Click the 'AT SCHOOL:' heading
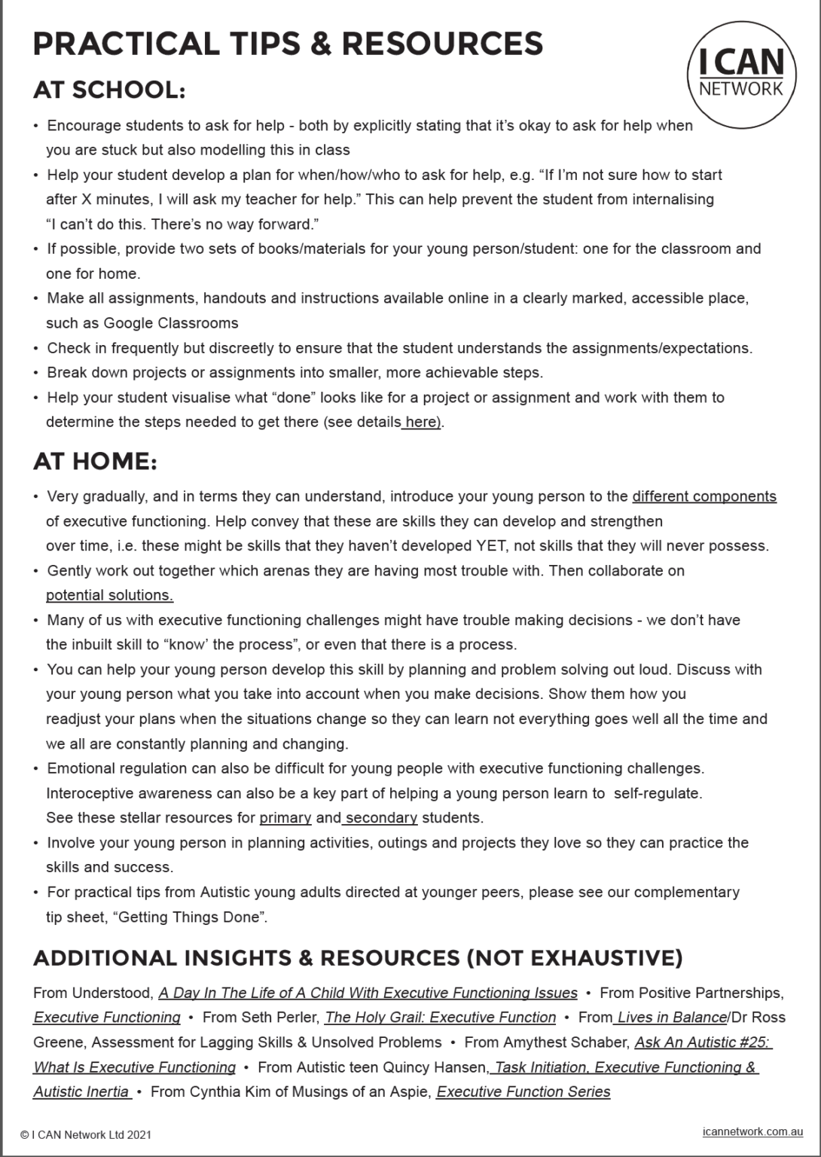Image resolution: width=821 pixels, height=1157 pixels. (x=109, y=90)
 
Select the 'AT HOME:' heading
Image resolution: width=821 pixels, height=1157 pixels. (x=95, y=461)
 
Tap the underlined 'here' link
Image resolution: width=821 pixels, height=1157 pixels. (x=422, y=423)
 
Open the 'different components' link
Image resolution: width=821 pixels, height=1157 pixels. (x=704, y=496)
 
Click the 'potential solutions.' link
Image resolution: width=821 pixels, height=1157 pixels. (x=109, y=595)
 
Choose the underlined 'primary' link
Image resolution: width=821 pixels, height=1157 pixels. (x=285, y=818)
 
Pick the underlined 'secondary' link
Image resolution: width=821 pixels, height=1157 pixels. (x=381, y=818)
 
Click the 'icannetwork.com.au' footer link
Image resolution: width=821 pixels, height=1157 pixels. (x=752, y=1131)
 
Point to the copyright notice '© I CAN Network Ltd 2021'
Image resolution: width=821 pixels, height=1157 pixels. (x=86, y=1134)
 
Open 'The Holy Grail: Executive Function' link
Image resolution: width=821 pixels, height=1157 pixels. (x=440, y=1018)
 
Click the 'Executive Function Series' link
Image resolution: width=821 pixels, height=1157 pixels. (x=523, y=1092)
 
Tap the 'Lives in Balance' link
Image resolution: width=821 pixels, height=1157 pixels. (x=671, y=1018)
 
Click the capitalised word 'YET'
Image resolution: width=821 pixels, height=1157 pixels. (x=491, y=546)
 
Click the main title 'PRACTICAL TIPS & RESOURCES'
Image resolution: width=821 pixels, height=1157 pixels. (x=288, y=44)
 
